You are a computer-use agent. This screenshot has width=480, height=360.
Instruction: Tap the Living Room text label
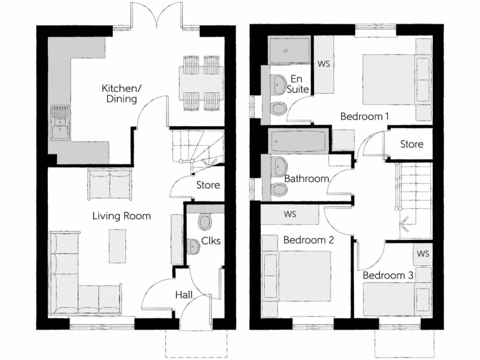[121, 216]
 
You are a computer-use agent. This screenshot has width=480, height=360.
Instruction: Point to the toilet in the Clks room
[205, 221]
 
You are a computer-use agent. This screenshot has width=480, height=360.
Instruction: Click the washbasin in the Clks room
[193, 247]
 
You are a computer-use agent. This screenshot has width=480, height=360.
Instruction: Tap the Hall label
[185, 295]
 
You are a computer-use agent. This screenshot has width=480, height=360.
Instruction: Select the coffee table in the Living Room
[117, 246]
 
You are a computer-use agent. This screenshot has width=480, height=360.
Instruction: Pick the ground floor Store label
[208, 185]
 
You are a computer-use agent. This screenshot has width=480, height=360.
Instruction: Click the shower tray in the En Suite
[290, 51]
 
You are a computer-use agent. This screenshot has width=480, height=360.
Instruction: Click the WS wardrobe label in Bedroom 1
[323, 64]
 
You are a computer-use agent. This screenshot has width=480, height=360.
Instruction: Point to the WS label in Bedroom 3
[423, 254]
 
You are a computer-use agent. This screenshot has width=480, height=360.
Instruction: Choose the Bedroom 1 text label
[364, 116]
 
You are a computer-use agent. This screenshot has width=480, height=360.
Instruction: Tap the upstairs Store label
[412, 144]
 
